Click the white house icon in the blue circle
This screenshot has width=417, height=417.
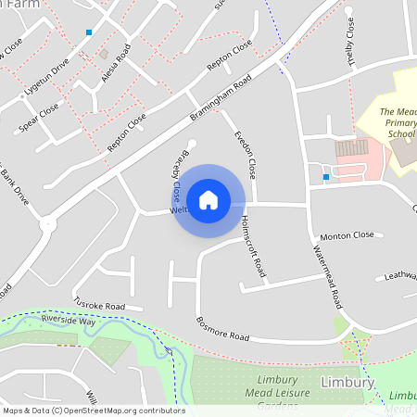pyautogui.click(x=208, y=200)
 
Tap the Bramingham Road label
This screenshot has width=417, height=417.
pyautogui.click(x=218, y=96)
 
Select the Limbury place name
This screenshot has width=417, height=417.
pyautogui.click(x=346, y=383)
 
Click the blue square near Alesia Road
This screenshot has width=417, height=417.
pyautogui.click(x=89, y=32)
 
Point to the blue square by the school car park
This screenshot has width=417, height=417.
pyautogui.click(x=325, y=176)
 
